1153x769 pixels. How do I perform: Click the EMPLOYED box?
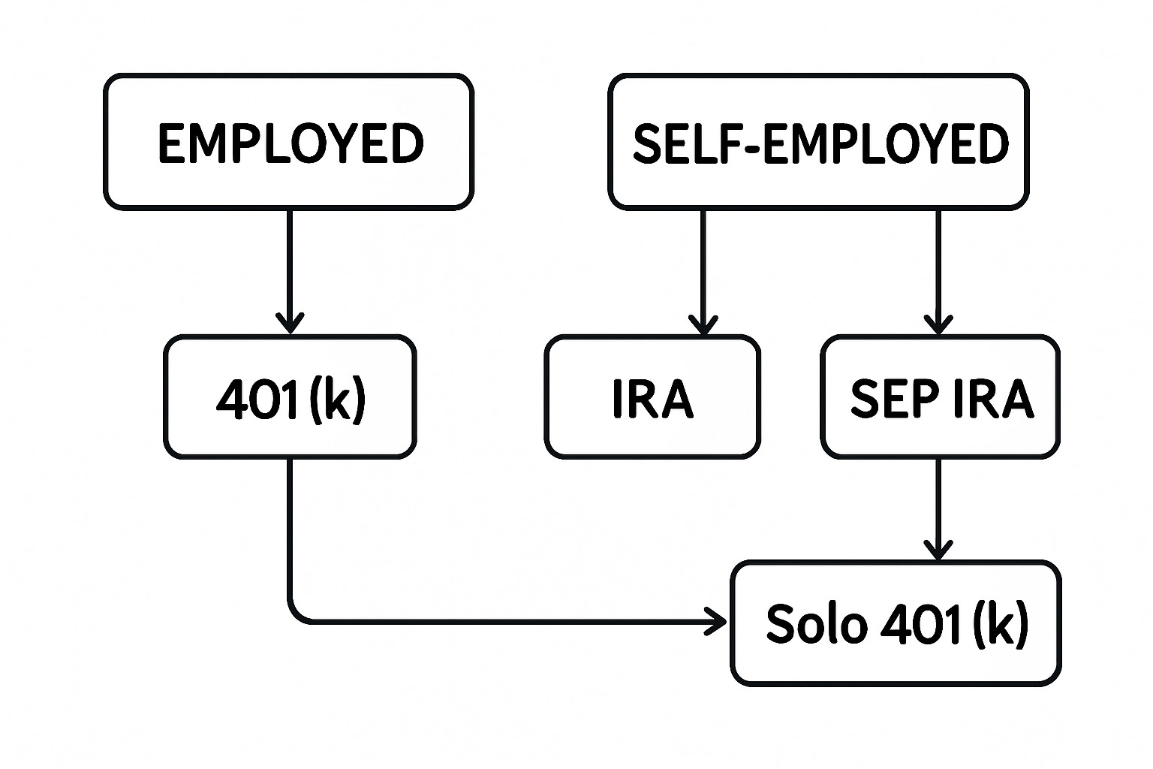pyautogui.click(x=289, y=142)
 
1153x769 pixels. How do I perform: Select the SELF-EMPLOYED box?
pyautogui.click(x=818, y=142)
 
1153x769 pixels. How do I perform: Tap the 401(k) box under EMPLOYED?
pyautogui.click(x=290, y=397)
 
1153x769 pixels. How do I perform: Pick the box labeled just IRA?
pyautogui.click(x=652, y=397)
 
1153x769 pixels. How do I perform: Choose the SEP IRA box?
pyautogui.click(x=940, y=397)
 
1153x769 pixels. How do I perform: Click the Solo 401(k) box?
pyautogui.click(x=896, y=623)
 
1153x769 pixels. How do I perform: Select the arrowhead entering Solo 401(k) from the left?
pyautogui.click(x=718, y=622)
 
